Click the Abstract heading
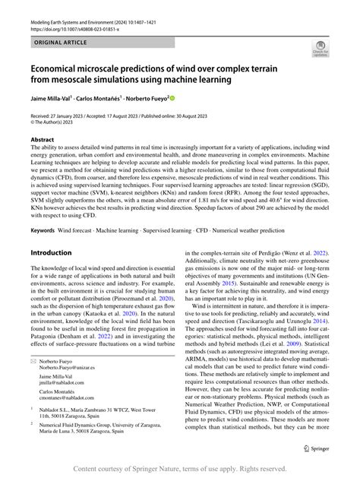[42, 140]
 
